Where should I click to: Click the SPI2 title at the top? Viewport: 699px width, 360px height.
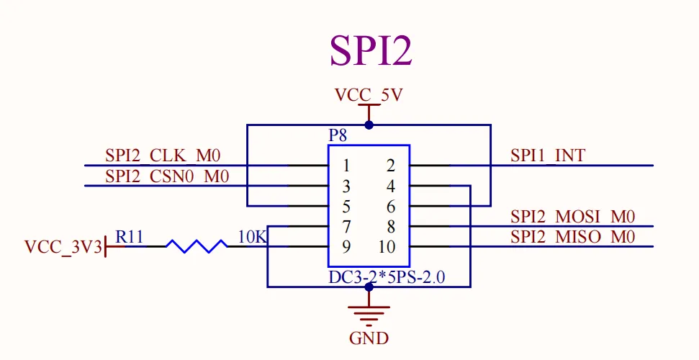371,50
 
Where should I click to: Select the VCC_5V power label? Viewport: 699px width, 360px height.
369,95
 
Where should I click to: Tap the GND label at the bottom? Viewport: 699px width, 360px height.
369,338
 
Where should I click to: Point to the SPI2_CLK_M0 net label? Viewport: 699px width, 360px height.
163,155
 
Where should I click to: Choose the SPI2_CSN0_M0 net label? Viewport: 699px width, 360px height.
167,176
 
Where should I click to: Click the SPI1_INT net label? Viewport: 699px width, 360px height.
548,155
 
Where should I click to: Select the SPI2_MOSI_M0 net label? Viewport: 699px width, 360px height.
573,217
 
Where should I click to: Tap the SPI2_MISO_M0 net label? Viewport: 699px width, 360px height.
573,237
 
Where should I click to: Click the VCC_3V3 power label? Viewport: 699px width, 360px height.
62,247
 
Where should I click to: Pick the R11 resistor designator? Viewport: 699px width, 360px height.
130,236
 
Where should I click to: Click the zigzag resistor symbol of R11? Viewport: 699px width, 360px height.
197,246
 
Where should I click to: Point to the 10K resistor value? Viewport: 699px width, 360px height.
252,236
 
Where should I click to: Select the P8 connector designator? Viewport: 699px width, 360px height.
338,136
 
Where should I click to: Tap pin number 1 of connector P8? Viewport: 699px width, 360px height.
346,166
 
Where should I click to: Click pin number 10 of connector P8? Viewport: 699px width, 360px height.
387,247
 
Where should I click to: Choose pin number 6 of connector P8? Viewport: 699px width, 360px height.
390,207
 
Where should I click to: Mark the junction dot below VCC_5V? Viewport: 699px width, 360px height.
369,125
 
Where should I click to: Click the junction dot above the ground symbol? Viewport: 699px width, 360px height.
369,287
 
